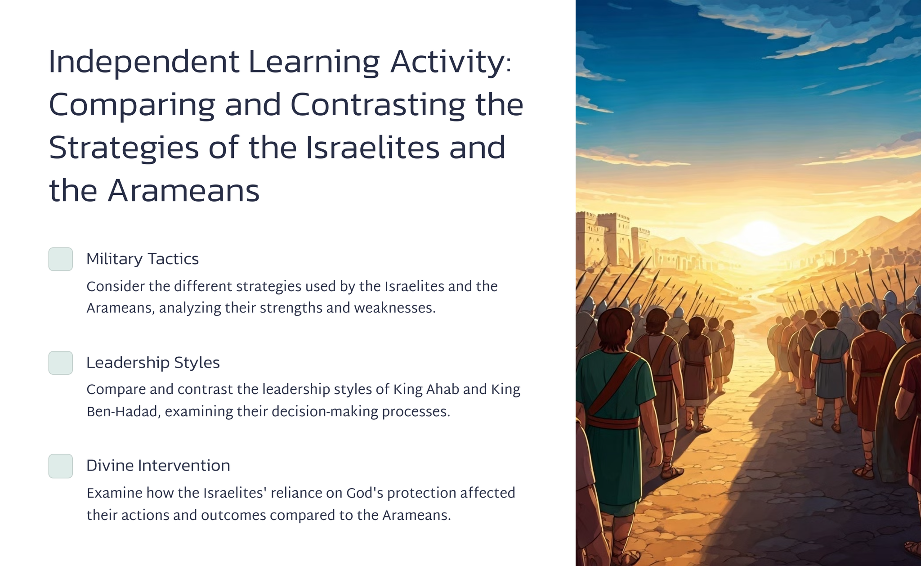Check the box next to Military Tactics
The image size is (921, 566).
[x=61, y=259]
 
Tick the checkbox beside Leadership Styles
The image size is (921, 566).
[x=61, y=363]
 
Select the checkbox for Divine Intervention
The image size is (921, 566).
[x=61, y=466]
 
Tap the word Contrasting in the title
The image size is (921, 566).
[x=377, y=105]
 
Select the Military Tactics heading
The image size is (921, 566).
[x=143, y=259]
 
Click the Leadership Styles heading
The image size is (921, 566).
[x=153, y=363]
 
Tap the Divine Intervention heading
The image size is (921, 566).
[x=158, y=466]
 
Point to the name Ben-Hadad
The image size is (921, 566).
[x=121, y=412]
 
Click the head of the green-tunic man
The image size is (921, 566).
[x=614, y=329]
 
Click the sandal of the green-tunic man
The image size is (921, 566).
[x=672, y=472]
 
